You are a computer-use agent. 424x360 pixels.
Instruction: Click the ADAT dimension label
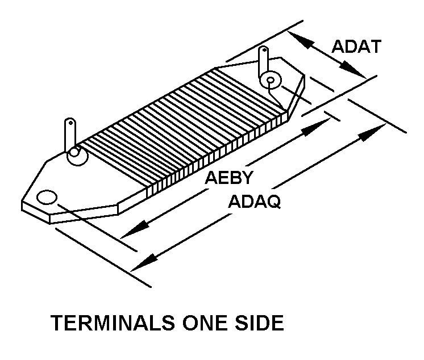pos(356,46)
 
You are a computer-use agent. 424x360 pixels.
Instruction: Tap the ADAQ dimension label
pos(254,202)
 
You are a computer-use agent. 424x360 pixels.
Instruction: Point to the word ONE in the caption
pos(206,323)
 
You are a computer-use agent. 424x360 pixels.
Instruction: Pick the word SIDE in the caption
pos(259,323)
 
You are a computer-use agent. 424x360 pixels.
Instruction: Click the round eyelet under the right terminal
pos(271,81)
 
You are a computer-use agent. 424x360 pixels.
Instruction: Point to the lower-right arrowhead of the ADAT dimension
pos(356,72)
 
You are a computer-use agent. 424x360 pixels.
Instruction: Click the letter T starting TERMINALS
pos(57,323)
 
